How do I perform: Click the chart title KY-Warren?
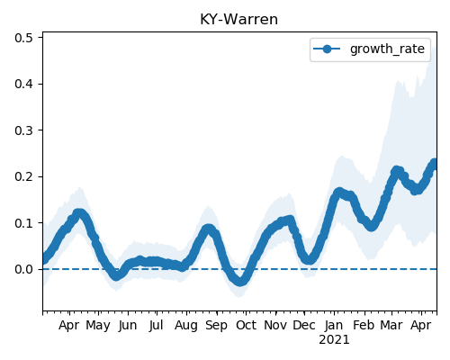(238, 20)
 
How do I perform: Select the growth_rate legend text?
(387, 49)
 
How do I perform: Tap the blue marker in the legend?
(327, 49)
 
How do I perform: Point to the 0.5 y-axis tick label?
(23, 38)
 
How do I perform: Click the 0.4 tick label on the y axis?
(23, 84)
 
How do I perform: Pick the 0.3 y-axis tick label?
(23, 130)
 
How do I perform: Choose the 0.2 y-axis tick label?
(23, 176)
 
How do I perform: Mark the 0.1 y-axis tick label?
(23, 223)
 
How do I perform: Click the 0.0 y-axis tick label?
(23, 269)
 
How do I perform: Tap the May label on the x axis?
(98, 326)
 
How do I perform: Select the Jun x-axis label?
(128, 326)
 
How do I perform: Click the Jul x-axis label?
(157, 326)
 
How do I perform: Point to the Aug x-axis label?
(186, 326)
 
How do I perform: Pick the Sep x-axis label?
(216, 326)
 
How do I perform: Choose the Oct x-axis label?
(246, 325)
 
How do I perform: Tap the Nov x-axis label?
(275, 325)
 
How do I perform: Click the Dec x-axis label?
(304, 325)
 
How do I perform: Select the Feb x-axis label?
(364, 325)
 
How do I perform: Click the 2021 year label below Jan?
(334, 340)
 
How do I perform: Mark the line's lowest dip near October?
(240, 282)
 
